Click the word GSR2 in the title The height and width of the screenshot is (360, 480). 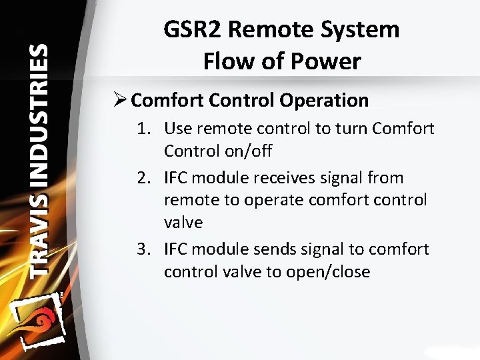(x=193, y=30)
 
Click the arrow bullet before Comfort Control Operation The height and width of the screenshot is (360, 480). (x=120, y=101)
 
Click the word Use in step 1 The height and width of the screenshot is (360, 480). (x=178, y=129)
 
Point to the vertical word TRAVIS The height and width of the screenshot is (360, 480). (x=39, y=234)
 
